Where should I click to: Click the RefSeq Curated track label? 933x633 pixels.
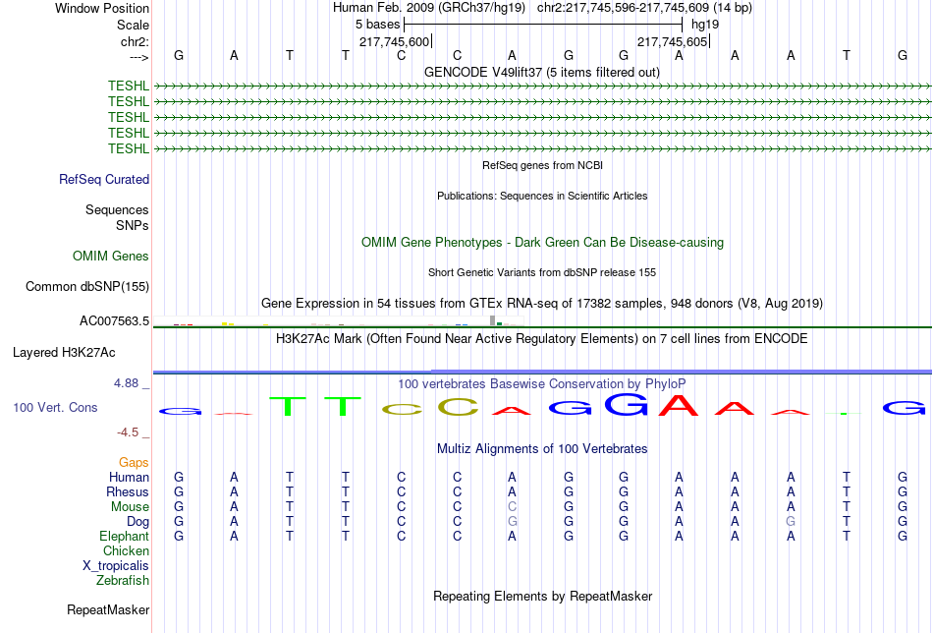tap(104, 180)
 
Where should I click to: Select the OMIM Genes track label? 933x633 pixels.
tap(111, 257)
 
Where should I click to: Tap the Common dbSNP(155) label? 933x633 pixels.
tap(87, 287)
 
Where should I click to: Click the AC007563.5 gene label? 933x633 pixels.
tap(114, 321)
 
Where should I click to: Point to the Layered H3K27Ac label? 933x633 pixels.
tap(64, 352)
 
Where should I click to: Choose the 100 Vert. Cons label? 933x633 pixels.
tap(55, 407)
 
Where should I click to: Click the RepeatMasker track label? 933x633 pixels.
tap(108, 610)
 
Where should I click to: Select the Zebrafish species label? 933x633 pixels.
tap(123, 581)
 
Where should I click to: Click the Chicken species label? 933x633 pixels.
tap(126, 551)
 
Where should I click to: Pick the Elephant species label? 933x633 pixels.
tap(124, 537)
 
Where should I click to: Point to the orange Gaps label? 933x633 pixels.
tap(134, 462)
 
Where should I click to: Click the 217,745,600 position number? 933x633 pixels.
tap(394, 42)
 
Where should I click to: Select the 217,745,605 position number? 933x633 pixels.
tap(672, 42)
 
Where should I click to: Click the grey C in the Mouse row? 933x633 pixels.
tap(512, 507)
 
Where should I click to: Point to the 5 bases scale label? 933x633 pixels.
tap(377, 25)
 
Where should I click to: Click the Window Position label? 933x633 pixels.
tap(102, 8)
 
